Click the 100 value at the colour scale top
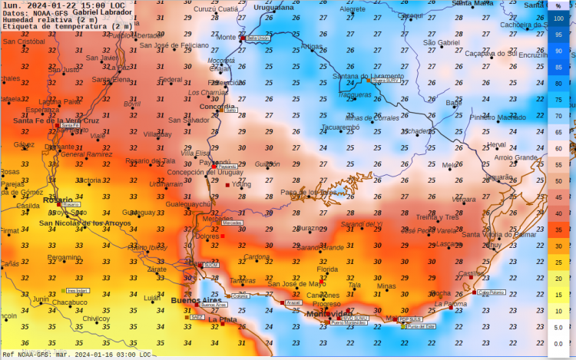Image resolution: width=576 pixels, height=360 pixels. (558, 18)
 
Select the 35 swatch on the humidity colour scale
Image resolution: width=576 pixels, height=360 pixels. (558, 229)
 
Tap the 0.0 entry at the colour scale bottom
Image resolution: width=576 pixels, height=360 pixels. (558, 343)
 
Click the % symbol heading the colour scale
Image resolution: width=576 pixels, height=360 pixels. (558, 5)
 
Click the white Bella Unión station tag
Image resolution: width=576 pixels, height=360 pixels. (257, 38)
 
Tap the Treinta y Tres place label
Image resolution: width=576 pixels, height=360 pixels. (437, 217)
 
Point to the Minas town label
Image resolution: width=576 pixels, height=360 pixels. (387, 286)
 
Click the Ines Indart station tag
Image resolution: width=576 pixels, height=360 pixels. (77, 291)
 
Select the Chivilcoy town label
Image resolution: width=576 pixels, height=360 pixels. (96, 318)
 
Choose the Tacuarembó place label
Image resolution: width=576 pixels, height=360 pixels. (339, 127)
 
